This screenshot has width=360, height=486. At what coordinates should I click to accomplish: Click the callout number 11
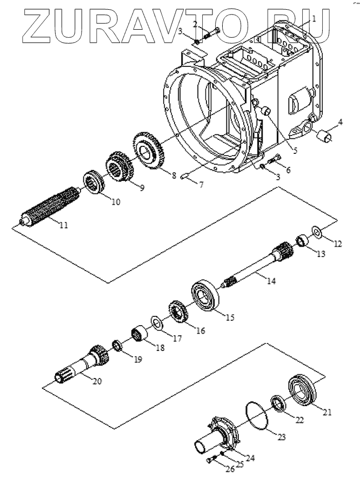click(64, 225)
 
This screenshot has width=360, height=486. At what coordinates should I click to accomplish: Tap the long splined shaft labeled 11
click(50, 206)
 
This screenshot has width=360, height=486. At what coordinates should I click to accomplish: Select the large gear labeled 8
click(148, 151)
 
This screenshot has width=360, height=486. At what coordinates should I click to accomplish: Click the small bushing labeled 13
click(303, 241)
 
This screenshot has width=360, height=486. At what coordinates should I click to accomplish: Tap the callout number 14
click(271, 281)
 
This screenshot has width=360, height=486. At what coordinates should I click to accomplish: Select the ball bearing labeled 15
click(205, 296)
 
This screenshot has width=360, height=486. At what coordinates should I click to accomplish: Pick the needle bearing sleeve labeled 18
click(138, 334)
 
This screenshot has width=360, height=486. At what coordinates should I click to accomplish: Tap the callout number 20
click(97, 381)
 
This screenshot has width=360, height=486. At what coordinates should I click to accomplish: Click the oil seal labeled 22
click(278, 403)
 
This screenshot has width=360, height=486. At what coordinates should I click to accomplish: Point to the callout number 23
click(281, 437)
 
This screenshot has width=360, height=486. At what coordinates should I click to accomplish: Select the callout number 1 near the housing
click(314, 19)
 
